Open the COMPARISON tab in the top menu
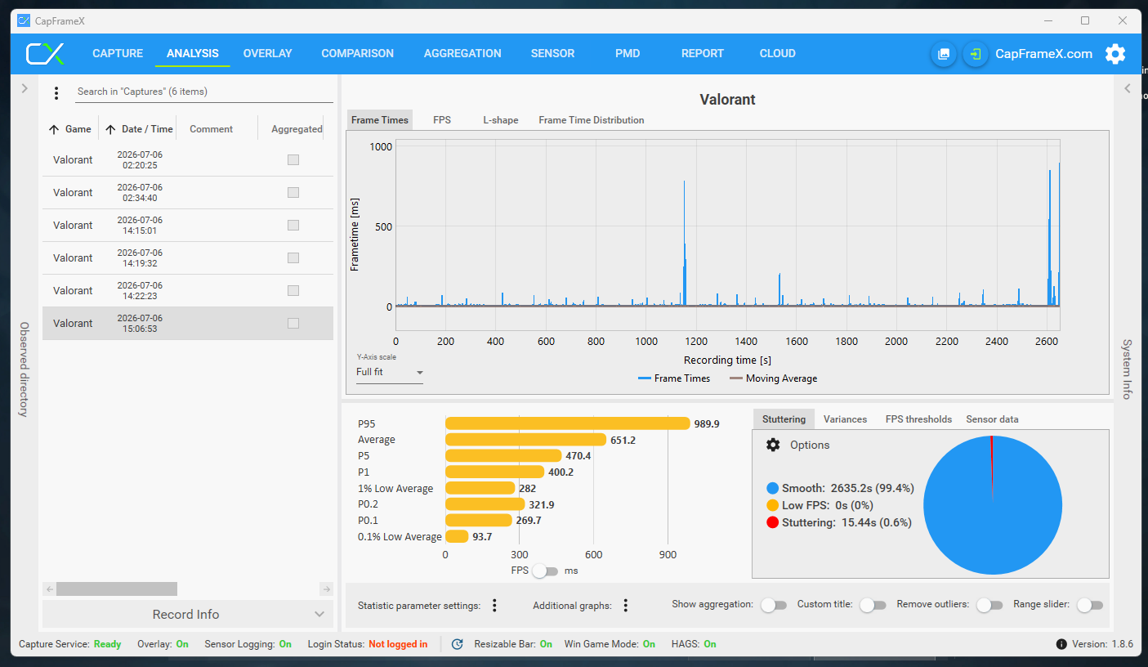357,53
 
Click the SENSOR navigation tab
552,53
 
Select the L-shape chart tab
500,120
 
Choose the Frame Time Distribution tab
591,120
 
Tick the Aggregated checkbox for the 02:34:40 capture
293,192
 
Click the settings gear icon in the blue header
1115,54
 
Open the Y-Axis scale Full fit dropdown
390,372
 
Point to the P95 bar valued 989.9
567,423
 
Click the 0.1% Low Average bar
457,536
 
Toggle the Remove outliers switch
989,605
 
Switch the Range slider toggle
1089,605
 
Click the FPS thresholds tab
918,419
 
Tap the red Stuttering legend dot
772,522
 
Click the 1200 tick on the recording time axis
696,342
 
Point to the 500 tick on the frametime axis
383,226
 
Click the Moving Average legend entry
773,378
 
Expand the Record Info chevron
319,614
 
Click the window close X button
1123,20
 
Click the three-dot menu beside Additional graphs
626,606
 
